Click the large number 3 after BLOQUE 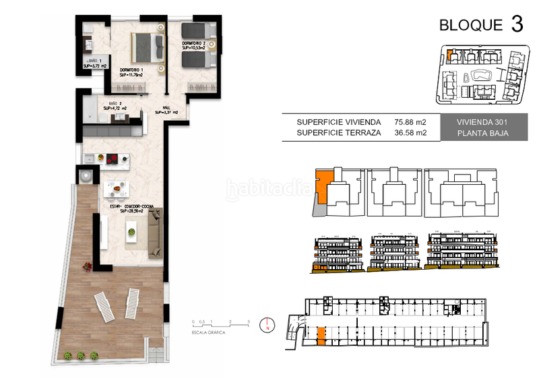pos(517,24)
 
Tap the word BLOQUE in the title pos(471,26)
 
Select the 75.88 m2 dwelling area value pos(412,122)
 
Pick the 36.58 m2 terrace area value pos(412,133)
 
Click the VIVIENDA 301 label pos(472,122)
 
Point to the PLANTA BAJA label pos(472,133)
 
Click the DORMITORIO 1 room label pos(132,70)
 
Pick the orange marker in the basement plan pos(321,334)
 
